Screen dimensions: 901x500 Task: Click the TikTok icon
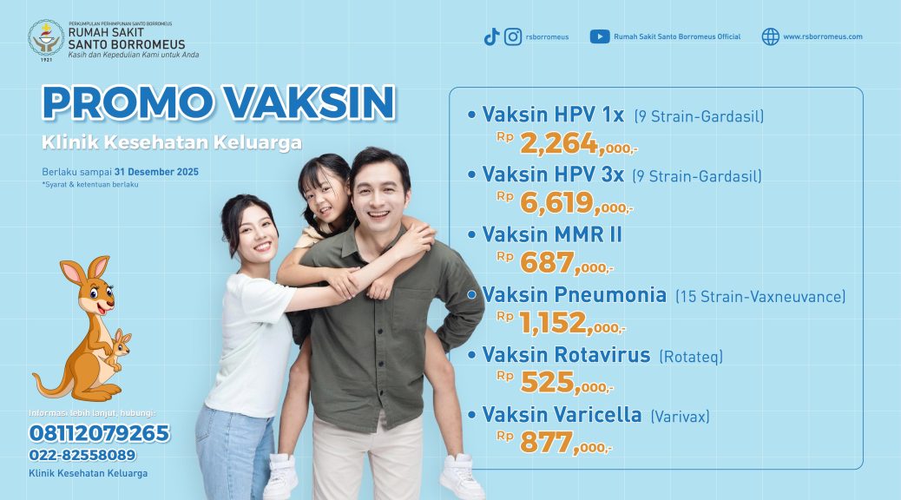491,36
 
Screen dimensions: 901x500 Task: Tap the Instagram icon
513,36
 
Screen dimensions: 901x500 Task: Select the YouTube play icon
599,36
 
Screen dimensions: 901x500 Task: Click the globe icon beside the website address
771,36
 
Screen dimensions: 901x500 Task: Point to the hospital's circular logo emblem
46,38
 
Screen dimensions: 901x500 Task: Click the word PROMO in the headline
128,103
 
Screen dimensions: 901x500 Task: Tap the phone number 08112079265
100,433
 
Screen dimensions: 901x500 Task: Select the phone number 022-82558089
82,455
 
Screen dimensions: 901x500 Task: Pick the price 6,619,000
575,203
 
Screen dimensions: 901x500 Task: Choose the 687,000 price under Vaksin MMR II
566,263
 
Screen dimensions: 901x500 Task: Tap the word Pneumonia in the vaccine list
611,295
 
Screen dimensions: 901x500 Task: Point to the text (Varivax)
680,416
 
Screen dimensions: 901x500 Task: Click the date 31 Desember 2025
156,172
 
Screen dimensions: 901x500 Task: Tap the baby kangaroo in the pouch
120,348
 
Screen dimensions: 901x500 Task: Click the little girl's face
325,199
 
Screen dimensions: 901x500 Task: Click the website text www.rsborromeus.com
822,36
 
